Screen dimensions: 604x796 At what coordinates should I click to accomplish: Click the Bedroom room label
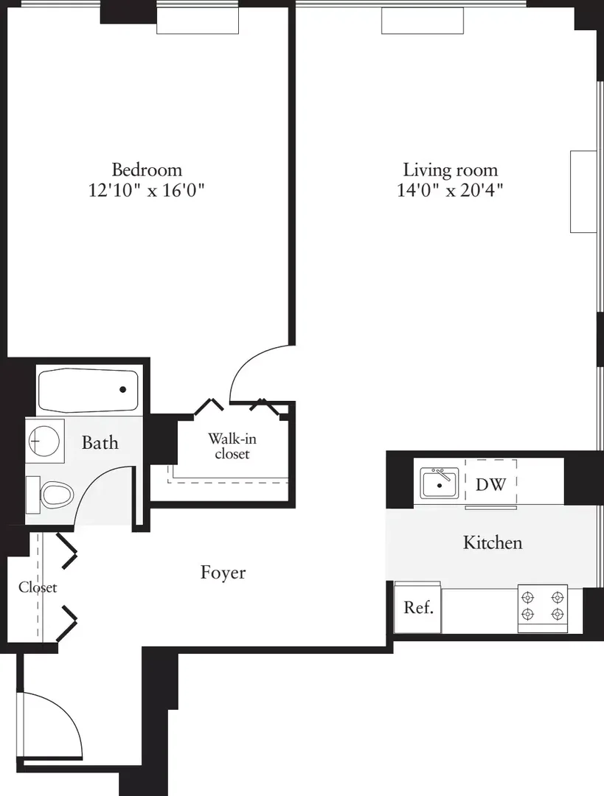point(147,170)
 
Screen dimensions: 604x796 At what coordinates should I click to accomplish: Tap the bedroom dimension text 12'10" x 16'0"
point(146,190)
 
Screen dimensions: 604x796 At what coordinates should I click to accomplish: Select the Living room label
point(450,170)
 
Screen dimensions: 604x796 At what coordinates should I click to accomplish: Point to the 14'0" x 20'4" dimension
point(450,190)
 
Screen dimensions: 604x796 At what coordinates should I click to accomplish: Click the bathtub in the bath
point(88,391)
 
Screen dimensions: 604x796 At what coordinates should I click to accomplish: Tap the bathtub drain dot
point(123,390)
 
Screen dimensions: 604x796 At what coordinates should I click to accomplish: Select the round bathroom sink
point(44,441)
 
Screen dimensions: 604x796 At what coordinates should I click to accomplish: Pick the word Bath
point(100,443)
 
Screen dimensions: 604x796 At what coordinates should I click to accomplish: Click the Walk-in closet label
point(232,446)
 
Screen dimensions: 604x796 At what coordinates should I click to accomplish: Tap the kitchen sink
point(439,483)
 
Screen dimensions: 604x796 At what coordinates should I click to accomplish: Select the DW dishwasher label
point(490,484)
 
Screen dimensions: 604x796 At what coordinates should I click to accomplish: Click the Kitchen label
point(493,542)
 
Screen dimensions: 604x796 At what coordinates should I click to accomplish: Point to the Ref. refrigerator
point(418,607)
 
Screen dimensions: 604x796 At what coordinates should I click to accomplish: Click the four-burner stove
point(543,608)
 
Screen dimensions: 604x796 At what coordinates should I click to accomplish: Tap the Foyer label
point(223,573)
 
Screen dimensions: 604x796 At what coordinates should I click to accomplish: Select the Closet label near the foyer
point(38,587)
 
